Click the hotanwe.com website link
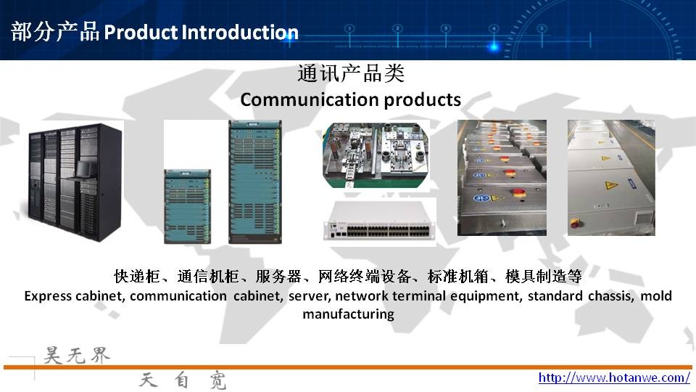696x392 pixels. tap(614, 377)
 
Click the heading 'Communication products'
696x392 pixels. tap(351, 99)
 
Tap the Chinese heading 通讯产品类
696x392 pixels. tap(351, 73)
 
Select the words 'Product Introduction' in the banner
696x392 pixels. tap(201, 32)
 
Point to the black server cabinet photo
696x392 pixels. tap(72, 181)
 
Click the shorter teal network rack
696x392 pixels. tap(187, 206)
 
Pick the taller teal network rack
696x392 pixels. tap(255, 181)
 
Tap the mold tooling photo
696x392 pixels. tap(376, 155)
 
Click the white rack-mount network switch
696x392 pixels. tap(379, 224)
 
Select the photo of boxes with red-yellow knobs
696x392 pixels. tap(502, 178)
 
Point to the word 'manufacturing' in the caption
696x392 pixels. tap(349, 314)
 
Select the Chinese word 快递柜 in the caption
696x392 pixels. tap(137, 276)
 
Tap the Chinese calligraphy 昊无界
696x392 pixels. tap(76, 356)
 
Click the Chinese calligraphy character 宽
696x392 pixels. tap(218, 380)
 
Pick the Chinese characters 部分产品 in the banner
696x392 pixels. tap(55, 32)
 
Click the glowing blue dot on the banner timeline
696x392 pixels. tap(494, 46)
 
